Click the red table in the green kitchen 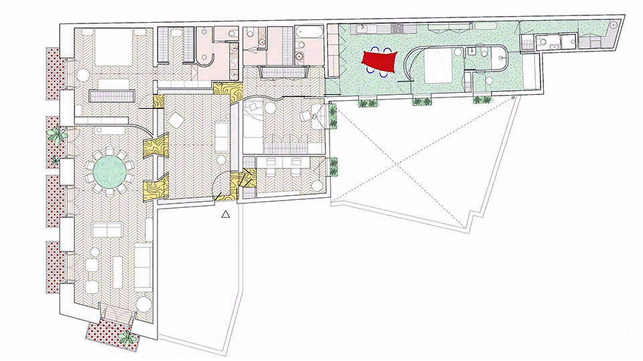pyautogui.click(x=380, y=62)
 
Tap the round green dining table pyautogui.click(x=109, y=171)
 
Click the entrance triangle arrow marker pyautogui.click(x=226, y=214)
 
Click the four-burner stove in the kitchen pyautogui.click(x=397, y=28)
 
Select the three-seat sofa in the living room pyautogui.click(x=144, y=264)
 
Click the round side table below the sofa pyautogui.click(x=144, y=302)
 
